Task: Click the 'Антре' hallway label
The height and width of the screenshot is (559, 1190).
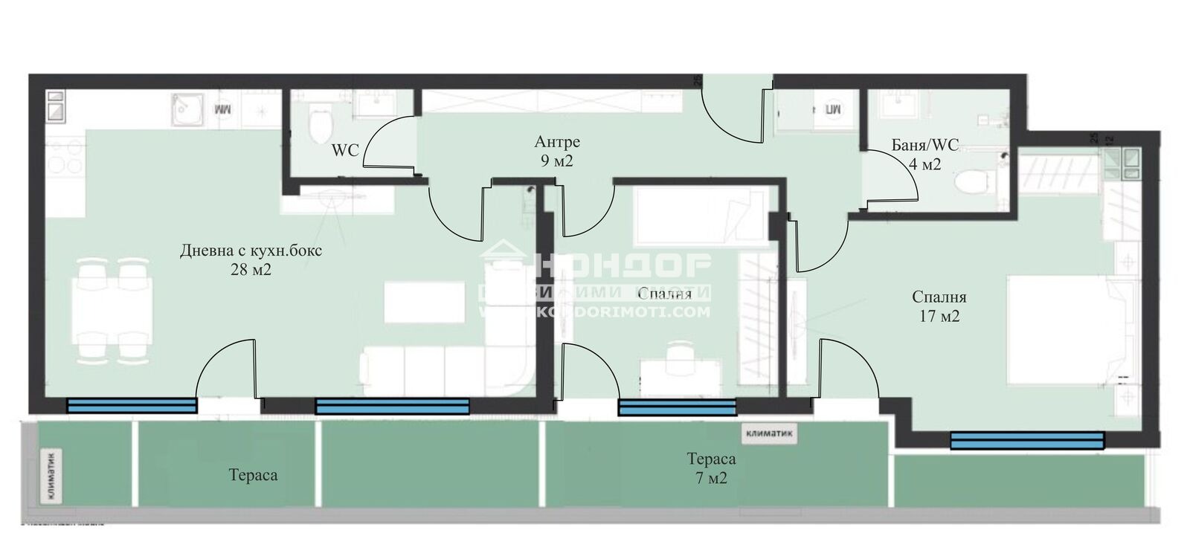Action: click(x=556, y=142)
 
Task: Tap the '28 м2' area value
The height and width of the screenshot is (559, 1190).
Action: click(x=251, y=270)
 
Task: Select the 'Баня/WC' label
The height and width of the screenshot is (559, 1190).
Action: click(x=925, y=146)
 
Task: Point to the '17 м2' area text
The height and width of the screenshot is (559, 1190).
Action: click(x=939, y=316)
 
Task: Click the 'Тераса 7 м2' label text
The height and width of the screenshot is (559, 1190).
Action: click(x=711, y=468)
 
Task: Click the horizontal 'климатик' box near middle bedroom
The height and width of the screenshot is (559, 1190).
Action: click(x=768, y=433)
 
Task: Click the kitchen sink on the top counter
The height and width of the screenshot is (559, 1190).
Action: click(x=184, y=112)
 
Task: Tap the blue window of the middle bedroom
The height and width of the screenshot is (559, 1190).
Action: click(x=677, y=407)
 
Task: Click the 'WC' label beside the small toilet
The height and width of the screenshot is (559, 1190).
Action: click(x=345, y=150)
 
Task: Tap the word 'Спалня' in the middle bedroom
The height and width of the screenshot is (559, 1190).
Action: click(x=664, y=294)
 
